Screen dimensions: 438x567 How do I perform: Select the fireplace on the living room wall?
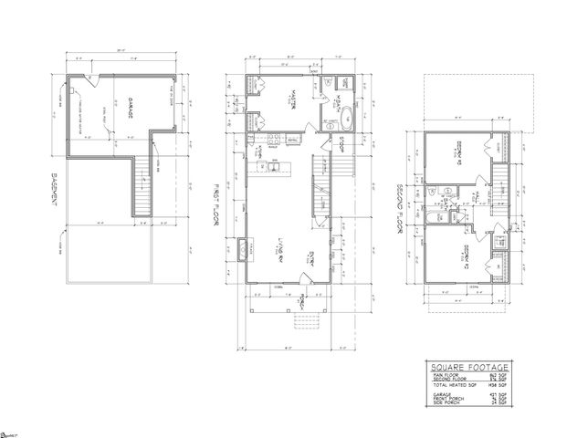coord(242,246)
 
